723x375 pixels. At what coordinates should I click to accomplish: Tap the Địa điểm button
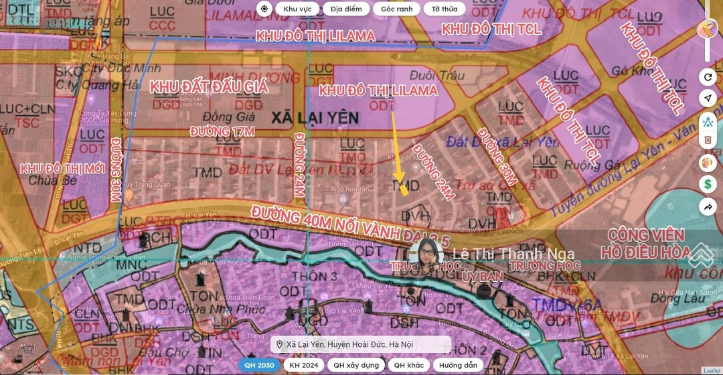[345, 9]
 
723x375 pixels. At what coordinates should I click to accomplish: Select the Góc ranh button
[396, 9]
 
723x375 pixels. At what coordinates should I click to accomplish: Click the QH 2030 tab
[259, 365]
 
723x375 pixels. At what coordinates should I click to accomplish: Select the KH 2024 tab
[303, 365]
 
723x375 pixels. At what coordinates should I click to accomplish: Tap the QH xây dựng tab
[356, 365]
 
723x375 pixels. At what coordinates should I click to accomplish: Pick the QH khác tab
[408, 365]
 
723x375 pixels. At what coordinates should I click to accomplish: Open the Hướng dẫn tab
[458, 365]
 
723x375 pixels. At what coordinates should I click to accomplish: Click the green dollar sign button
[708, 183]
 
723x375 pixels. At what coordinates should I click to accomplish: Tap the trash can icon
[708, 140]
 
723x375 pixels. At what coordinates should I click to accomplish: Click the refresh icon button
[708, 77]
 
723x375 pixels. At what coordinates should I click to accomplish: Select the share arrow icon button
[708, 207]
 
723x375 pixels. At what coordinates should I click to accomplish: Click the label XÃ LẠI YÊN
[315, 118]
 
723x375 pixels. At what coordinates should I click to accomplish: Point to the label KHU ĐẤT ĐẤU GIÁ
[209, 86]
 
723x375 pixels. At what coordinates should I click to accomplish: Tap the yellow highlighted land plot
[404, 189]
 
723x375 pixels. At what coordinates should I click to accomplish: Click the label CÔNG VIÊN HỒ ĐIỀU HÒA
[647, 244]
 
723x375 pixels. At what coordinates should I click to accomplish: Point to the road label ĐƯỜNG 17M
[222, 131]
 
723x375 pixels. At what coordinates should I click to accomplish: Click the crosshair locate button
[264, 9]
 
